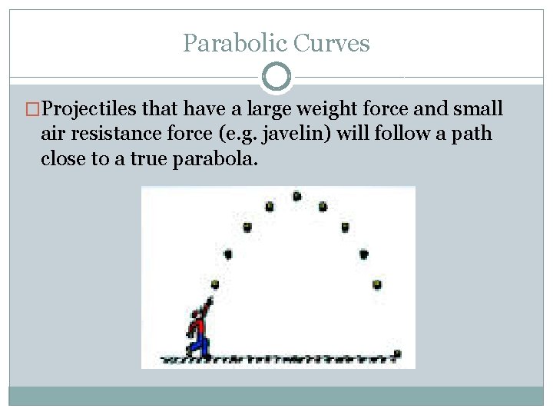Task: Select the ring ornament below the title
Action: [276, 77]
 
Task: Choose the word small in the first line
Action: [475, 109]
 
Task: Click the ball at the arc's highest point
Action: [296, 197]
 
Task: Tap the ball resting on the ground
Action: [397, 354]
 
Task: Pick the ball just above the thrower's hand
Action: [215, 284]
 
